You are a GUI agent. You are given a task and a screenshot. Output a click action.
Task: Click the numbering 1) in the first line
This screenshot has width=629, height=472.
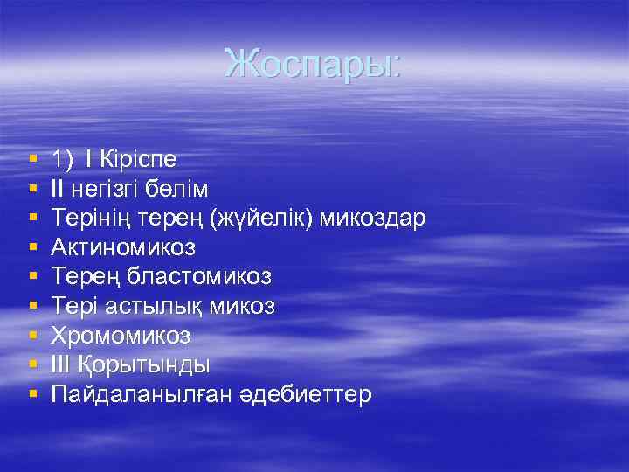[x=62, y=159]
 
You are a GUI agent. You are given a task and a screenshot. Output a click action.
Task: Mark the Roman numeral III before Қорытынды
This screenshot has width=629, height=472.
[x=61, y=364]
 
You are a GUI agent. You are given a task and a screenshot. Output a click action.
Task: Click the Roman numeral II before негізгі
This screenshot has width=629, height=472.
[x=58, y=189]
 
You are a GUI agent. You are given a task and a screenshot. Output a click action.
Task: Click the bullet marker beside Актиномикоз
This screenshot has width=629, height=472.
[x=32, y=248]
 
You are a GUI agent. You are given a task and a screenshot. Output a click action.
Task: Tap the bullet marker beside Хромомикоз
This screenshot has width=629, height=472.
[x=32, y=336]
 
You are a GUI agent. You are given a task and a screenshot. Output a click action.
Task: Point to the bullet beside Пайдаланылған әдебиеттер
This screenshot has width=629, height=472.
[x=32, y=395]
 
